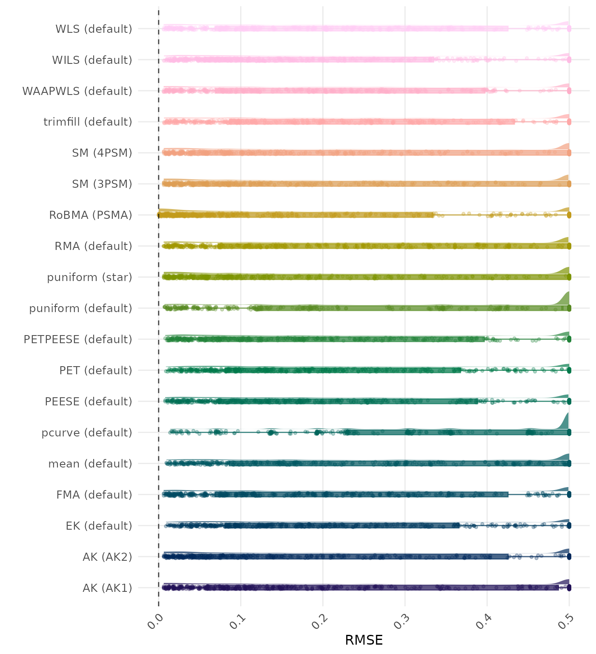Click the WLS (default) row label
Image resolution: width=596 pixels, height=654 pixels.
coord(94,29)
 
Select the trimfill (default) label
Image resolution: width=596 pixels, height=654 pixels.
coord(88,122)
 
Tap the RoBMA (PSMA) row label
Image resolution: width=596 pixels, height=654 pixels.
coord(90,215)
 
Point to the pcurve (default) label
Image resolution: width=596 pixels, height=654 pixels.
coord(87,433)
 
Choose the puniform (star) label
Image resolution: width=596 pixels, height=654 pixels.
coord(89,277)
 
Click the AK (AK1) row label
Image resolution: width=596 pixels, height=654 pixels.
coord(107,588)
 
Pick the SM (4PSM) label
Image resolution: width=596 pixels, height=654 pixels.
coord(102,153)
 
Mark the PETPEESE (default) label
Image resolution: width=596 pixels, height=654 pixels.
coord(78,339)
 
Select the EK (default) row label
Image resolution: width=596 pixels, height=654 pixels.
coord(99,526)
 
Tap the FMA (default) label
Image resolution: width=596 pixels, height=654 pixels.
coord(94,495)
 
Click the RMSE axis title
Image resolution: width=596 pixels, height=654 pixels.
coord(364,640)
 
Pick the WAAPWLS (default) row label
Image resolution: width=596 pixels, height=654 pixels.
coord(77,91)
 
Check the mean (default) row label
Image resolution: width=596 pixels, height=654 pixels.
coord(90,464)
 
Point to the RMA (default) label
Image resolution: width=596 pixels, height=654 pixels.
coord(93,246)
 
